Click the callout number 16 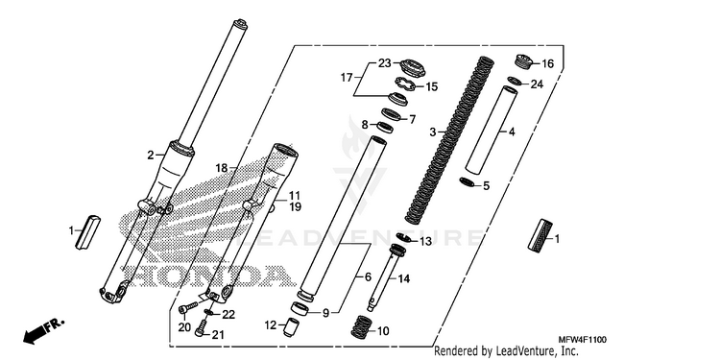[548, 63]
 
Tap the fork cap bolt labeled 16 [522, 61]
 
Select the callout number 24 [537, 84]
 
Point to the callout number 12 [271, 325]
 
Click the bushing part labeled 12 [289, 327]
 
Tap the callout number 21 [217, 335]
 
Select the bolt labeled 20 [187, 307]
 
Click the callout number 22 [228, 315]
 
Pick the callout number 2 [151, 156]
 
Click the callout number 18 [222, 169]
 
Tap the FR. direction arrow [43, 331]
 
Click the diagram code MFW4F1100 [583, 340]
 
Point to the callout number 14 [404, 278]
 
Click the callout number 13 [426, 242]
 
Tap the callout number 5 [487, 186]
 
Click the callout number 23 [384, 63]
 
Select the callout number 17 [347, 78]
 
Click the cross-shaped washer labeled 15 [405, 84]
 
